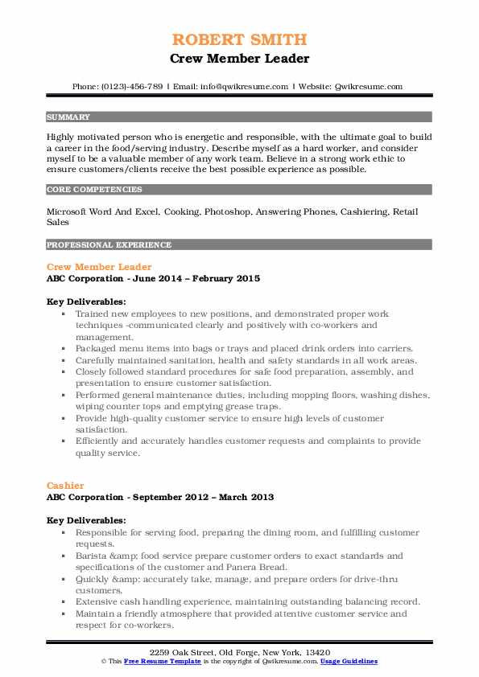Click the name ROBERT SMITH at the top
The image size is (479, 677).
click(x=239, y=40)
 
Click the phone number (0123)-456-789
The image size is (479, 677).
click(x=136, y=86)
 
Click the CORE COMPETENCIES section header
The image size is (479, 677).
click(x=93, y=190)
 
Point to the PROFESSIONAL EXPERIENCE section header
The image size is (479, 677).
click(x=108, y=244)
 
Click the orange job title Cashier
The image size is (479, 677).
click(x=65, y=486)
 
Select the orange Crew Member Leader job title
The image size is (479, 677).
click(x=99, y=266)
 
